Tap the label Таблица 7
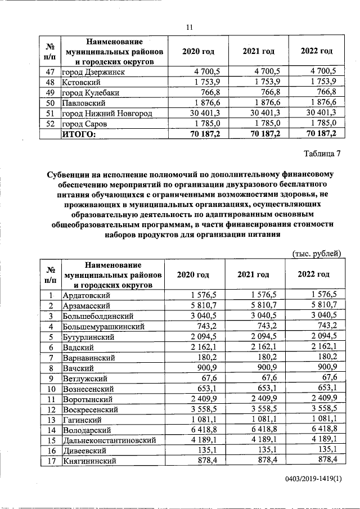coord(322,154)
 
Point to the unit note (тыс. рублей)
coord(316,254)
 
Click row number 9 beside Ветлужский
coord(50,378)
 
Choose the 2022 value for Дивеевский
coord(326,450)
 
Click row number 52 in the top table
coord(50,123)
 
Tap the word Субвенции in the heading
coord(71,175)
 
